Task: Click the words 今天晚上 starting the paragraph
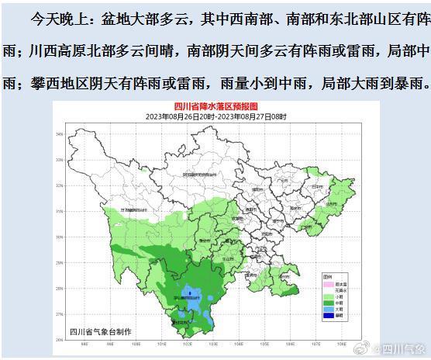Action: tap(53, 16)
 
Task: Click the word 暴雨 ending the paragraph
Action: tap(407, 82)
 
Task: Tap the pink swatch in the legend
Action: tap(328, 282)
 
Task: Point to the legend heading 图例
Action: tap(327, 276)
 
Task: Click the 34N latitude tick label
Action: tap(58, 134)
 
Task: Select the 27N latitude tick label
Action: tap(58, 313)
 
